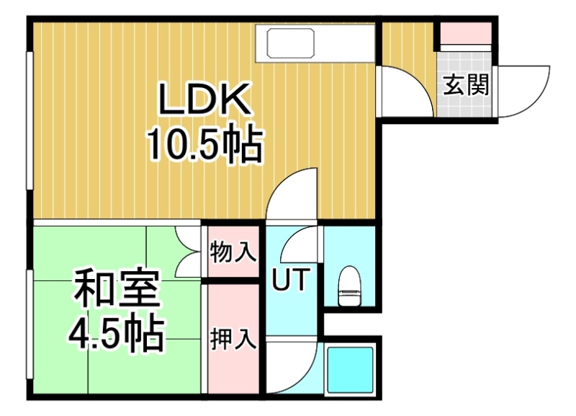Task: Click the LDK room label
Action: (204, 99)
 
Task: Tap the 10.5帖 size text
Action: (205, 144)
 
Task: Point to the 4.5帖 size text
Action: (116, 333)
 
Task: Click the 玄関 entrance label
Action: (466, 85)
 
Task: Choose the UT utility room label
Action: (290, 279)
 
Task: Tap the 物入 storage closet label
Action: (233, 252)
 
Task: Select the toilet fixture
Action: (350, 286)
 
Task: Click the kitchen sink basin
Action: (291, 43)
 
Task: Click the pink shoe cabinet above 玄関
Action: (466, 32)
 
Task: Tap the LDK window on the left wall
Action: (30, 121)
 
